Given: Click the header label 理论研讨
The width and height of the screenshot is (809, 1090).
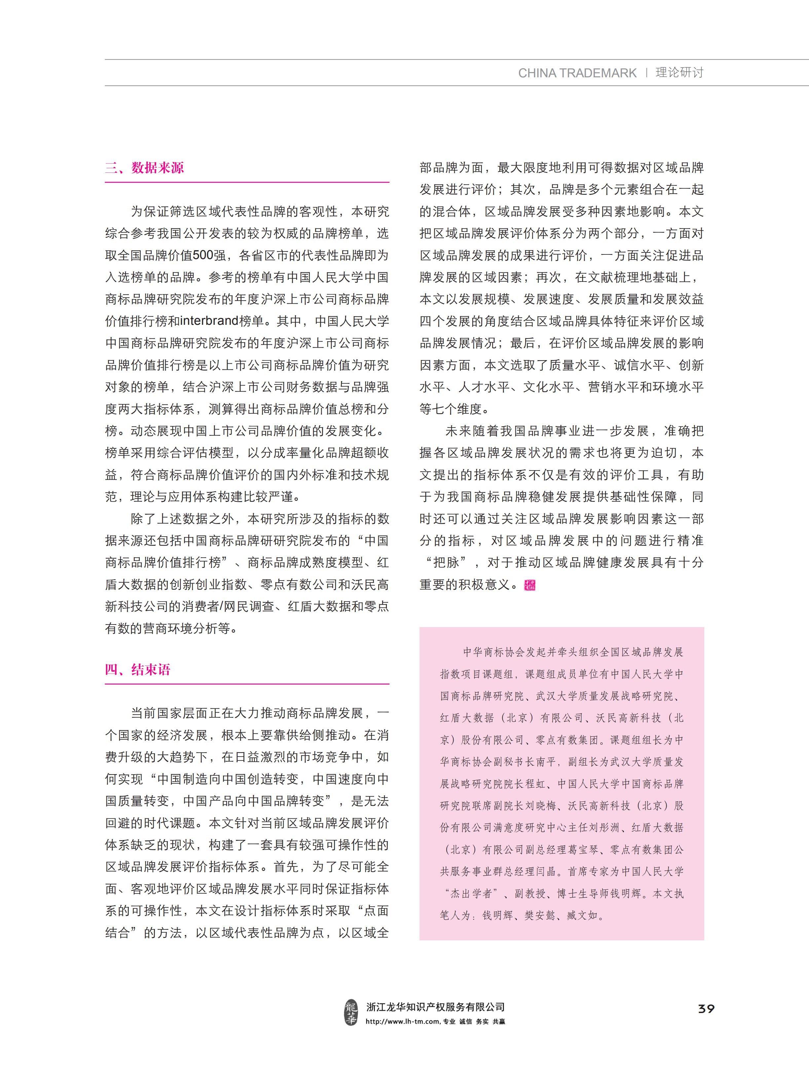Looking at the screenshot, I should point(679,73).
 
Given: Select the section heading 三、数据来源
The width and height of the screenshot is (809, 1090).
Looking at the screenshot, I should point(144,168).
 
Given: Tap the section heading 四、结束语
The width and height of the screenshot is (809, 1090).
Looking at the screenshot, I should point(138,669).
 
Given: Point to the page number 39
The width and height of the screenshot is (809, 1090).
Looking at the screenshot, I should point(706,1009).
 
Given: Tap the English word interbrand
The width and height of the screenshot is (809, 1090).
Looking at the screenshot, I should point(209,321).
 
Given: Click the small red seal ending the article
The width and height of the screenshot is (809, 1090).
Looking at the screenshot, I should point(530,585).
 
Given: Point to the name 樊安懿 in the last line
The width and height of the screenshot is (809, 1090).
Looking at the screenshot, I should point(540,915).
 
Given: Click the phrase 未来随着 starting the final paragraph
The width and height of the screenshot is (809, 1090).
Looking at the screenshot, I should point(470,431).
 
